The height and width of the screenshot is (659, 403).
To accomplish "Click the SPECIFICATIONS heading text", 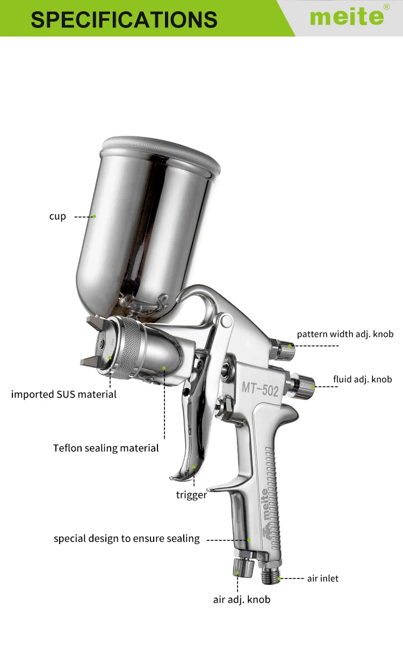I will (x=124, y=19).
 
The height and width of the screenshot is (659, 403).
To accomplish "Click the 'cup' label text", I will (x=57, y=216).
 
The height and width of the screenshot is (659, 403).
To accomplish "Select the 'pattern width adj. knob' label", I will (x=345, y=334).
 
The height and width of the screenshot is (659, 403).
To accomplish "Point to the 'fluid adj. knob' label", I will (x=362, y=379).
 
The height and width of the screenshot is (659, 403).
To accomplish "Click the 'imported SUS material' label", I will (x=64, y=395).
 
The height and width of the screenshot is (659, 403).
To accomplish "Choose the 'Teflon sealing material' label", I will (x=106, y=448).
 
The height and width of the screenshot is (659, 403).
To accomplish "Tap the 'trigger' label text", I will (x=191, y=495).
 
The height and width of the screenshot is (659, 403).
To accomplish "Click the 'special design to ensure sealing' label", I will (x=126, y=538).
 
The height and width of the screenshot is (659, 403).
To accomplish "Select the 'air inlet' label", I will (x=322, y=578).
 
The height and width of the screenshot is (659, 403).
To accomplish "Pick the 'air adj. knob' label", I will (x=242, y=599).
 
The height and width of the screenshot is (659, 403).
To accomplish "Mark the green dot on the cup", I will (x=94, y=216).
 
